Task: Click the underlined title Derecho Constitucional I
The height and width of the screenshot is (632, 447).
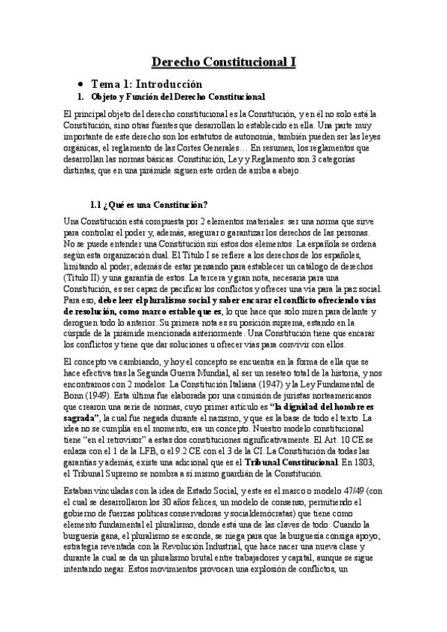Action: (224, 63)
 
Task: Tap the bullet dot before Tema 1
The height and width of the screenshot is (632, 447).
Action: (80, 84)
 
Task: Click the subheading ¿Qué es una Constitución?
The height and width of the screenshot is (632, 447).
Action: (149, 205)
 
